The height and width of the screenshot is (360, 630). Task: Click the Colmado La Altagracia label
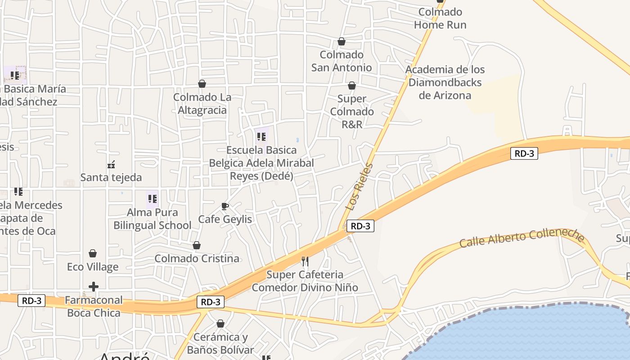click(202, 103)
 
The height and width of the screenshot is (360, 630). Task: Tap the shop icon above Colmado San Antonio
click(342, 42)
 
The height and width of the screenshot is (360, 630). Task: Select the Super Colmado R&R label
click(352, 112)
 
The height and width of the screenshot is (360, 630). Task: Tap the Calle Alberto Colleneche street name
click(522, 238)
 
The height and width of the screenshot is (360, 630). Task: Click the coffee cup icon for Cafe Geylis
click(225, 207)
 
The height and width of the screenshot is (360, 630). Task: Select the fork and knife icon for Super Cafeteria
click(305, 261)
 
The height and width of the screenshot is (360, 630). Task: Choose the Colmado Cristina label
click(197, 259)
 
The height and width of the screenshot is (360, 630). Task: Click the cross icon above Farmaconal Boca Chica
click(94, 287)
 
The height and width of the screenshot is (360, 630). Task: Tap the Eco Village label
click(93, 267)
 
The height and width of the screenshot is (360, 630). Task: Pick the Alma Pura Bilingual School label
click(152, 219)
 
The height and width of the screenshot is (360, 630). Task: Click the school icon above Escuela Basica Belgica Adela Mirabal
click(261, 137)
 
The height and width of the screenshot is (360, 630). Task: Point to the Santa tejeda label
click(111, 177)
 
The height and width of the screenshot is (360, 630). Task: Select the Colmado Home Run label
click(440, 18)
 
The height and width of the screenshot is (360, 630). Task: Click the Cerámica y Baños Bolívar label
click(220, 343)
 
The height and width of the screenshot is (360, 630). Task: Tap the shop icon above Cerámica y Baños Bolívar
click(220, 324)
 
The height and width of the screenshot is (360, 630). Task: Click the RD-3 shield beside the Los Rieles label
click(360, 226)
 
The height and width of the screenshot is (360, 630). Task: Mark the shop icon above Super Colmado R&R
click(352, 85)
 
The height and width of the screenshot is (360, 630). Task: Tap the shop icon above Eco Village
click(93, 253)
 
